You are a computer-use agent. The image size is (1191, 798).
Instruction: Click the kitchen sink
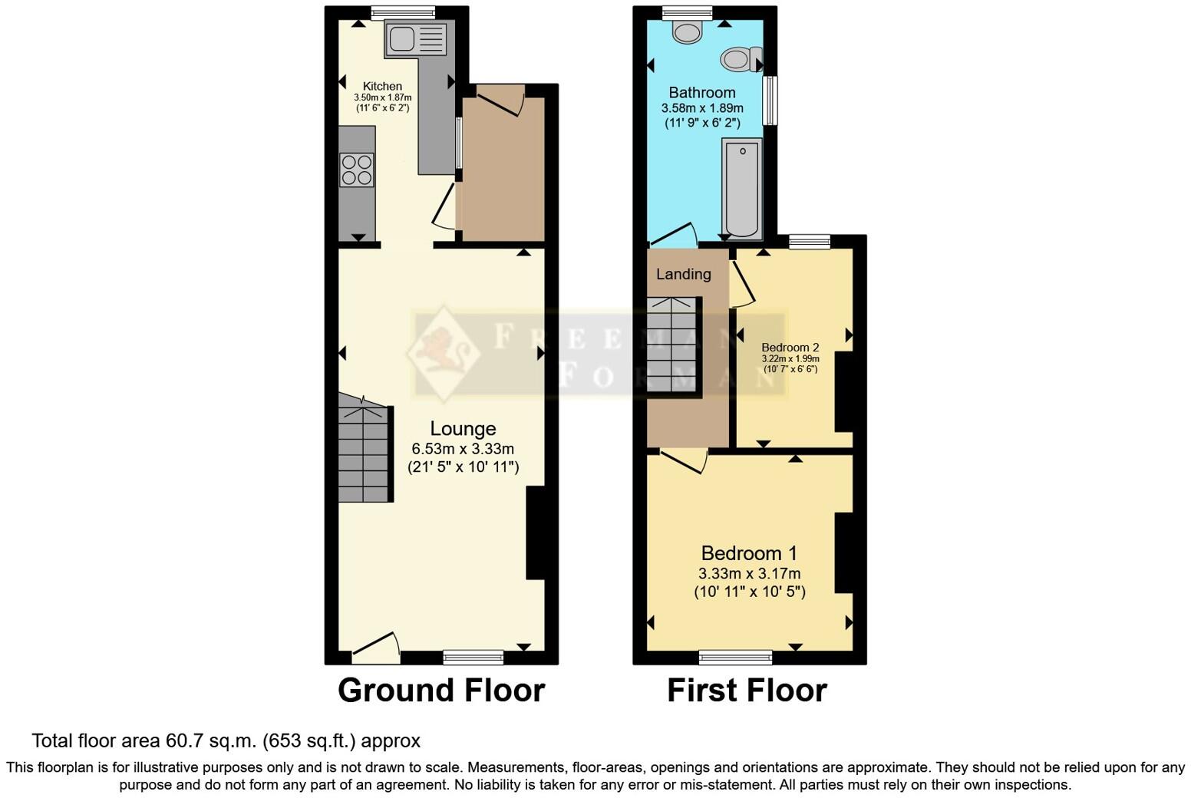[x=416, y=38]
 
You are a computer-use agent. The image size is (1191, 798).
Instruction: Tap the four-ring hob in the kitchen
[x=357, y=170]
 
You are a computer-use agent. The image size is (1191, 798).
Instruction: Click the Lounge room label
[x=463, y=429]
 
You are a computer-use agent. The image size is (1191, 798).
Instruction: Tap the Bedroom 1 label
[x=749, y=553]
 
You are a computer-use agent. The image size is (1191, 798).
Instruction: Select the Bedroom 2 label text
[x=790, y=348]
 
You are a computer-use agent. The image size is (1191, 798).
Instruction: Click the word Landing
[x=683, y=274]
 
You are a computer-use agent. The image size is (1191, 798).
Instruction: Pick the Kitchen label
[x=382, y=86]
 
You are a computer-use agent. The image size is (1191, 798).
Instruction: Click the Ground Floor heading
[x=441, y=691]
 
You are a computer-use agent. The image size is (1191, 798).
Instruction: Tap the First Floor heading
[x=747, y=691]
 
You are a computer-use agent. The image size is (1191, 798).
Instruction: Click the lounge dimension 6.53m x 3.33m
[x=463, y=449]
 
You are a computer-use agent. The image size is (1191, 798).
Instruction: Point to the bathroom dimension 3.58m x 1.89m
[x=702, y=109]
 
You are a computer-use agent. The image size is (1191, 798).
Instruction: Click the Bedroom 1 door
[x=684, y=460]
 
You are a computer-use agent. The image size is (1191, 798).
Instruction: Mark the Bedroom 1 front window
[x=735, y=657]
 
